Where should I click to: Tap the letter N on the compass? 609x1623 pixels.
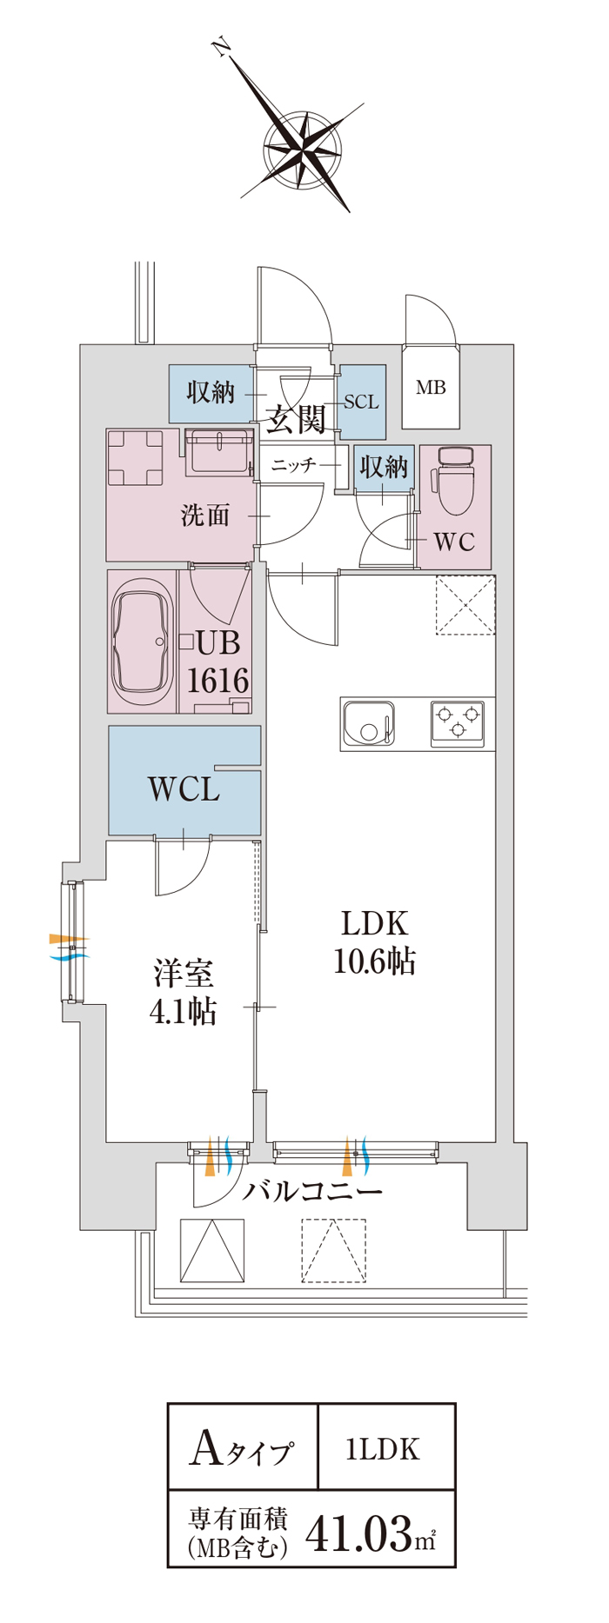[223, 48]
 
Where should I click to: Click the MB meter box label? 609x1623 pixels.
[431, 388]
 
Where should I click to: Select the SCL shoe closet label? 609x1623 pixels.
[361, 402]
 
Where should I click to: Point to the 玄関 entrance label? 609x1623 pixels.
[296, 419]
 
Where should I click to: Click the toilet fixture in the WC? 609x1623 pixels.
[454, 481]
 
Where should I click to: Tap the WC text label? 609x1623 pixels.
[454, 542]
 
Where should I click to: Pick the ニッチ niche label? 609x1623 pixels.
[293, 465]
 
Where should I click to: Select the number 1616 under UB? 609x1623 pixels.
[218, 680]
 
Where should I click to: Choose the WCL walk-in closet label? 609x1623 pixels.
[184, 789]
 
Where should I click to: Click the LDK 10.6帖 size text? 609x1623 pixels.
[375, 961]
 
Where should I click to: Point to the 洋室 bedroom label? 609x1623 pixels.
[184, 973]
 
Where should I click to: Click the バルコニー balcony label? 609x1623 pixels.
[311, 1190]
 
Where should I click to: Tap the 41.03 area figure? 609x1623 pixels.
[358, 1533]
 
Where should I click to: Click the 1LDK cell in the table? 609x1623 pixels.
[384, 1448]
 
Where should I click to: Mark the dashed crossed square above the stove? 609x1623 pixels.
[465, 605]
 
